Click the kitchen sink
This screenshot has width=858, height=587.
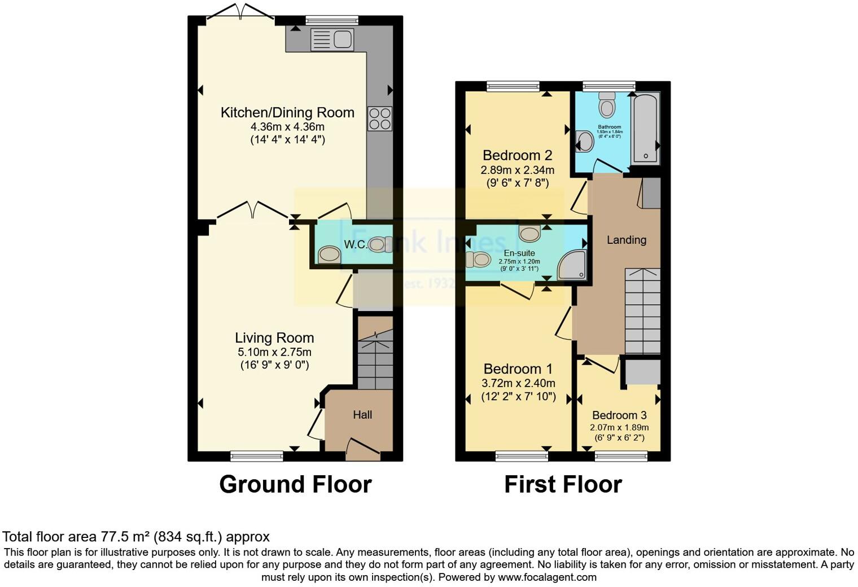(x=331, y=40)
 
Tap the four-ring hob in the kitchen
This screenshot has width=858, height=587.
(x=379, y=119)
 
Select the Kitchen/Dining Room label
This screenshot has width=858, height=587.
(x=287, y=112)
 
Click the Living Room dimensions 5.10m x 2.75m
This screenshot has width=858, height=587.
(x=274, y=352)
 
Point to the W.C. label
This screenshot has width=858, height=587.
(x=356, y=244)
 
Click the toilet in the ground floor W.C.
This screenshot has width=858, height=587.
(x=380, y=244)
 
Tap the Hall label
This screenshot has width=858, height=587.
(x=362, y=415)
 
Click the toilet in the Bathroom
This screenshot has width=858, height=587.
(x=607, y=105)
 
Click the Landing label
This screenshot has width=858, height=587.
(x=627, y=240)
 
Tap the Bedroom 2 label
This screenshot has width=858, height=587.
(x=517, y=155)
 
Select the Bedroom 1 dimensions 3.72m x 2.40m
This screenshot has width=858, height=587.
(x=518, y=383)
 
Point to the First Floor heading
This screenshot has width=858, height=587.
(x=563, y=484)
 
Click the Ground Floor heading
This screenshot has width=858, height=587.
(x=295, y=484)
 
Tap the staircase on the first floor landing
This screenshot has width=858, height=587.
(x=642, y=312)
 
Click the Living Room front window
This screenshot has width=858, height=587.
(x=257, y=455)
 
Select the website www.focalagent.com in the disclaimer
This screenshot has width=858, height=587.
(x=547, y=577)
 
